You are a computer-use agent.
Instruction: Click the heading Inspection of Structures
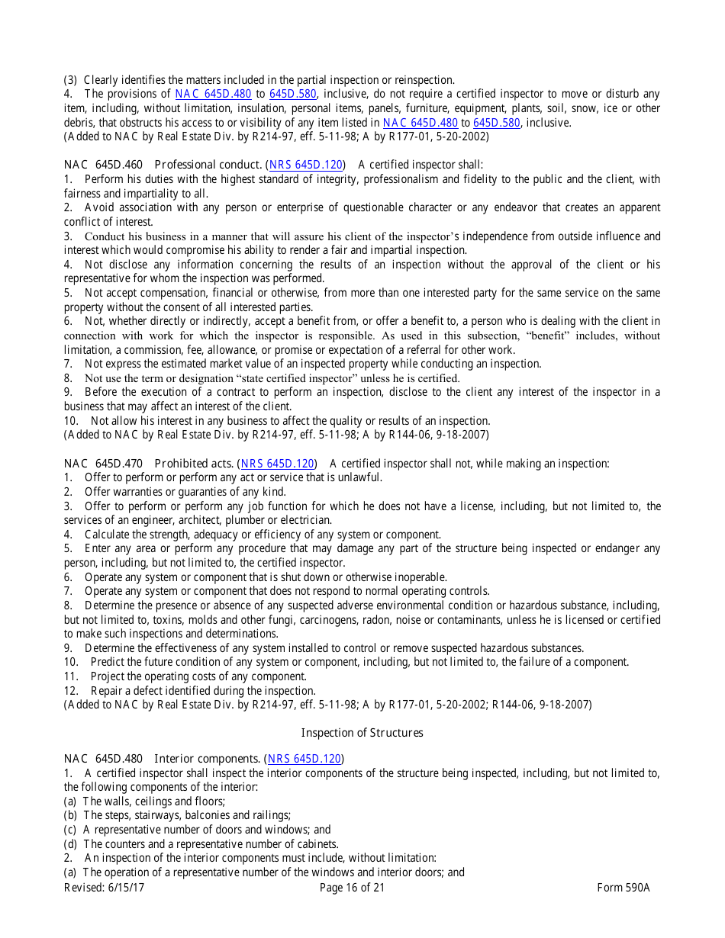click(x=362, y=733)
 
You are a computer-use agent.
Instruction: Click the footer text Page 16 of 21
click(x=352, y=888)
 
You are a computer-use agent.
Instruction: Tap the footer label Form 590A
click(x=623, y=888)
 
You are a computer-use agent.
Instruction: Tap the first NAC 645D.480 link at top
click(x=213, y=94)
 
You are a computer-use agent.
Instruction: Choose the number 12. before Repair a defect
click(x=72, y=691)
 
